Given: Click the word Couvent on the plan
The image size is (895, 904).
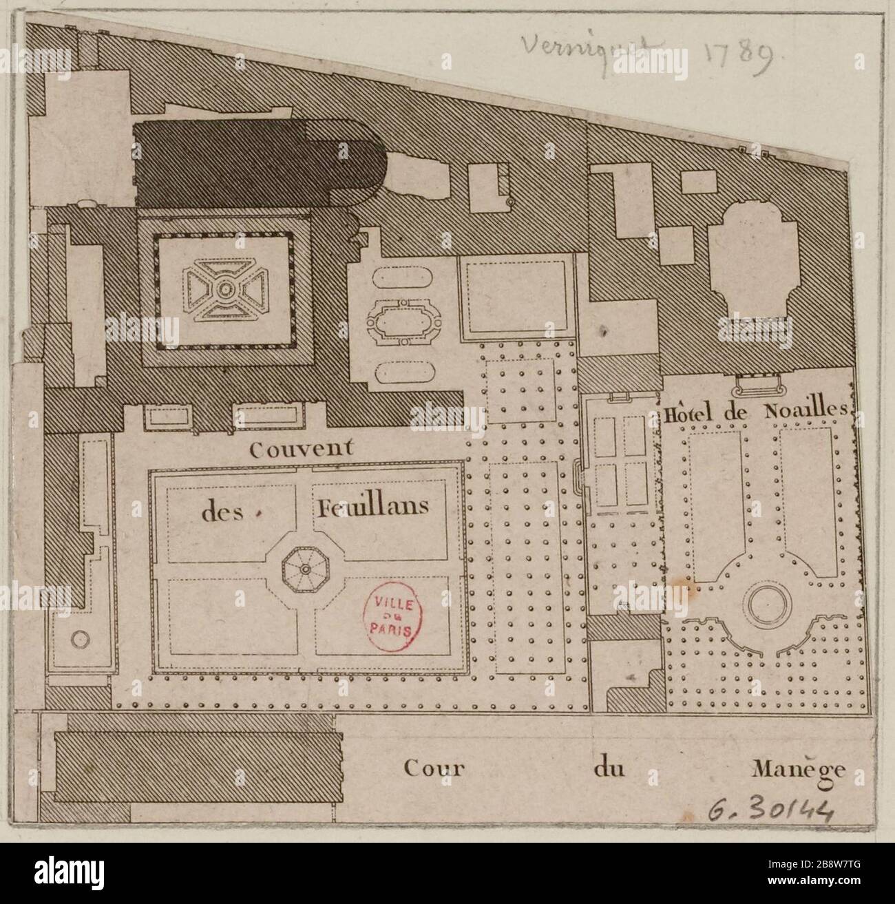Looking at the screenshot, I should tap(302, 450).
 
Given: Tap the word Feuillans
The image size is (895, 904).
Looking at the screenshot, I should tap(372, 508).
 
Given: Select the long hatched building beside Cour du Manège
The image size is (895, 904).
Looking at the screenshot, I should tap(198, 766).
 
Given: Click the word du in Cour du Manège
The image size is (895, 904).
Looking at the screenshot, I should tap(608, 768).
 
